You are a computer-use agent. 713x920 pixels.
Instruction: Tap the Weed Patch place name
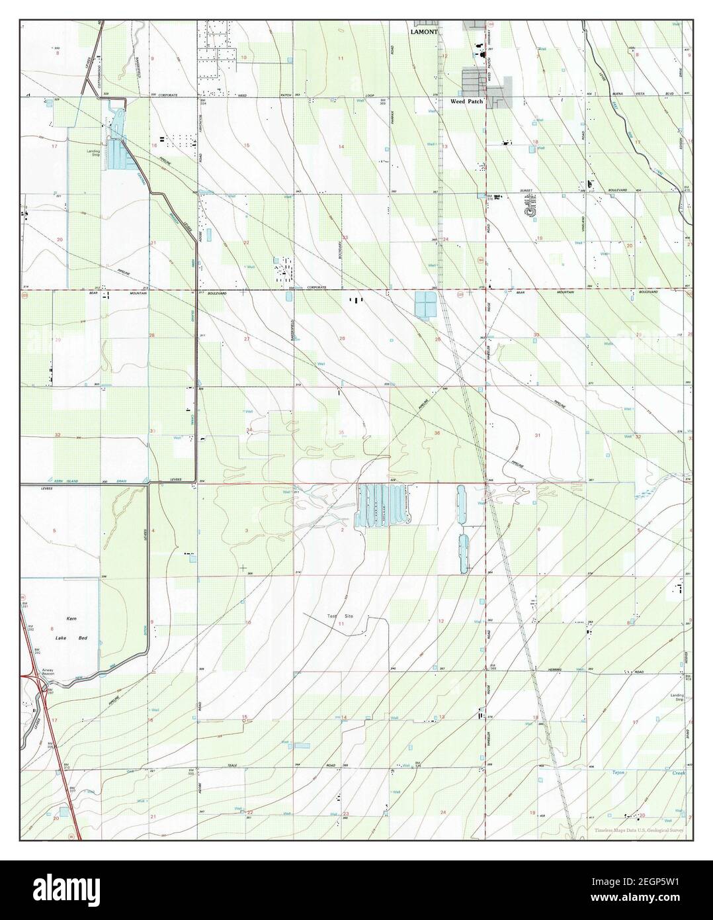(466, 102)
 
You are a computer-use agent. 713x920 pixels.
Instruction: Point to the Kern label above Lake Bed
(72, 618)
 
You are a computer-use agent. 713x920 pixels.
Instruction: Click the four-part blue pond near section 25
(423, 304)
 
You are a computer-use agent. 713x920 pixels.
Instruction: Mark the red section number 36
(437, 433)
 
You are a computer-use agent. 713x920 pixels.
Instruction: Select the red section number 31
(537, 435)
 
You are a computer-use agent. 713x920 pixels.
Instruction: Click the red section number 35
(341, 433)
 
